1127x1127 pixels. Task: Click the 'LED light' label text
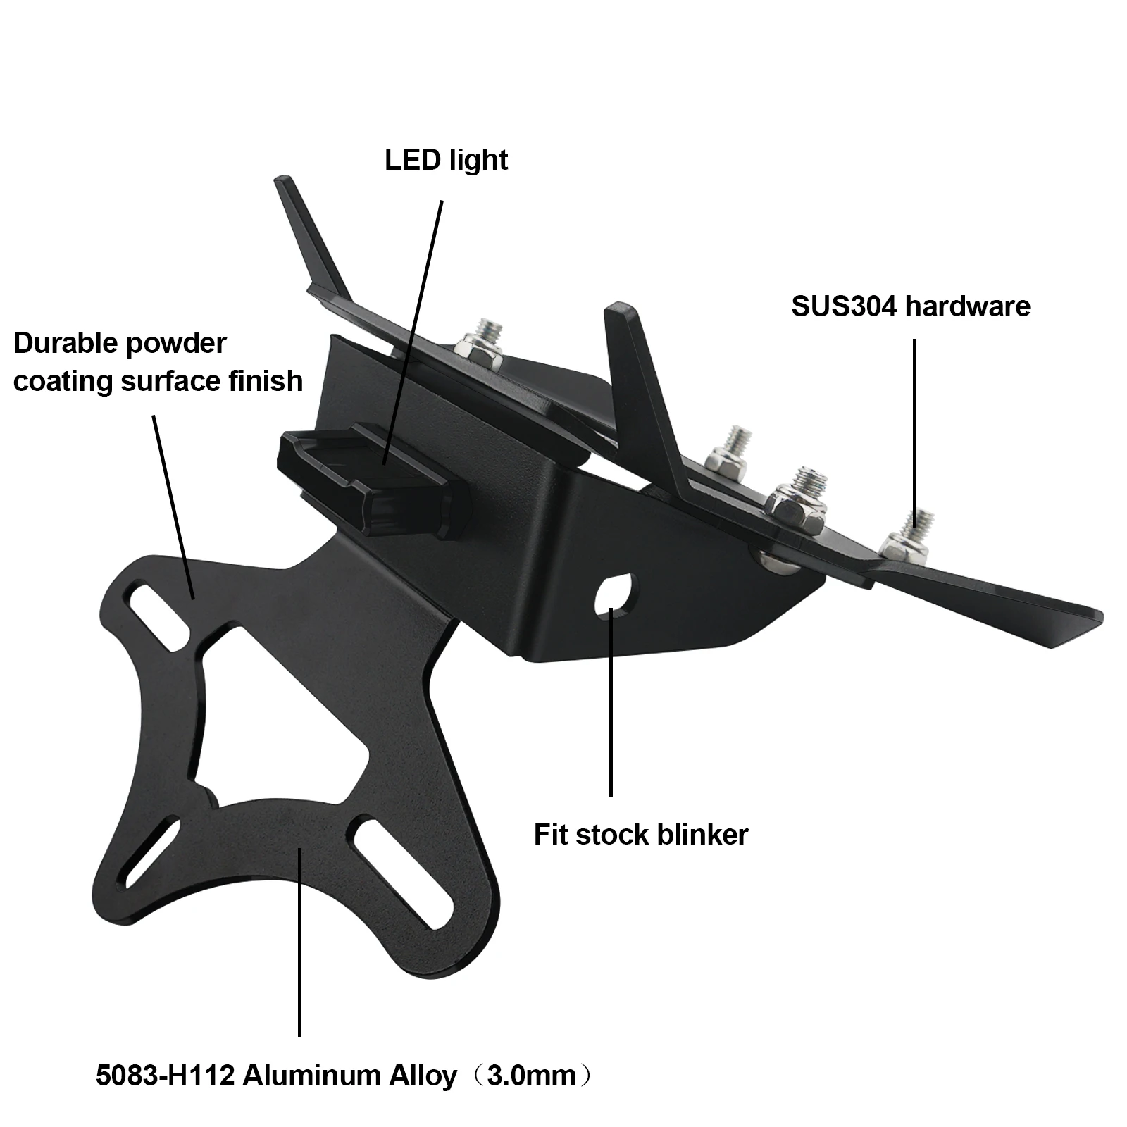pos(446,161)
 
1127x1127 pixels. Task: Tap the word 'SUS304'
pos(843,306)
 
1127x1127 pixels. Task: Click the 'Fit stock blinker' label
pos(640,835)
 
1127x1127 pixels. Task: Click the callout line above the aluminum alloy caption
pos(300,944)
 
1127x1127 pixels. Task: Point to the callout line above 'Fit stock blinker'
pos(611,704)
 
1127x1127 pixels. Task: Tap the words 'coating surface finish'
pos(158,381)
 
